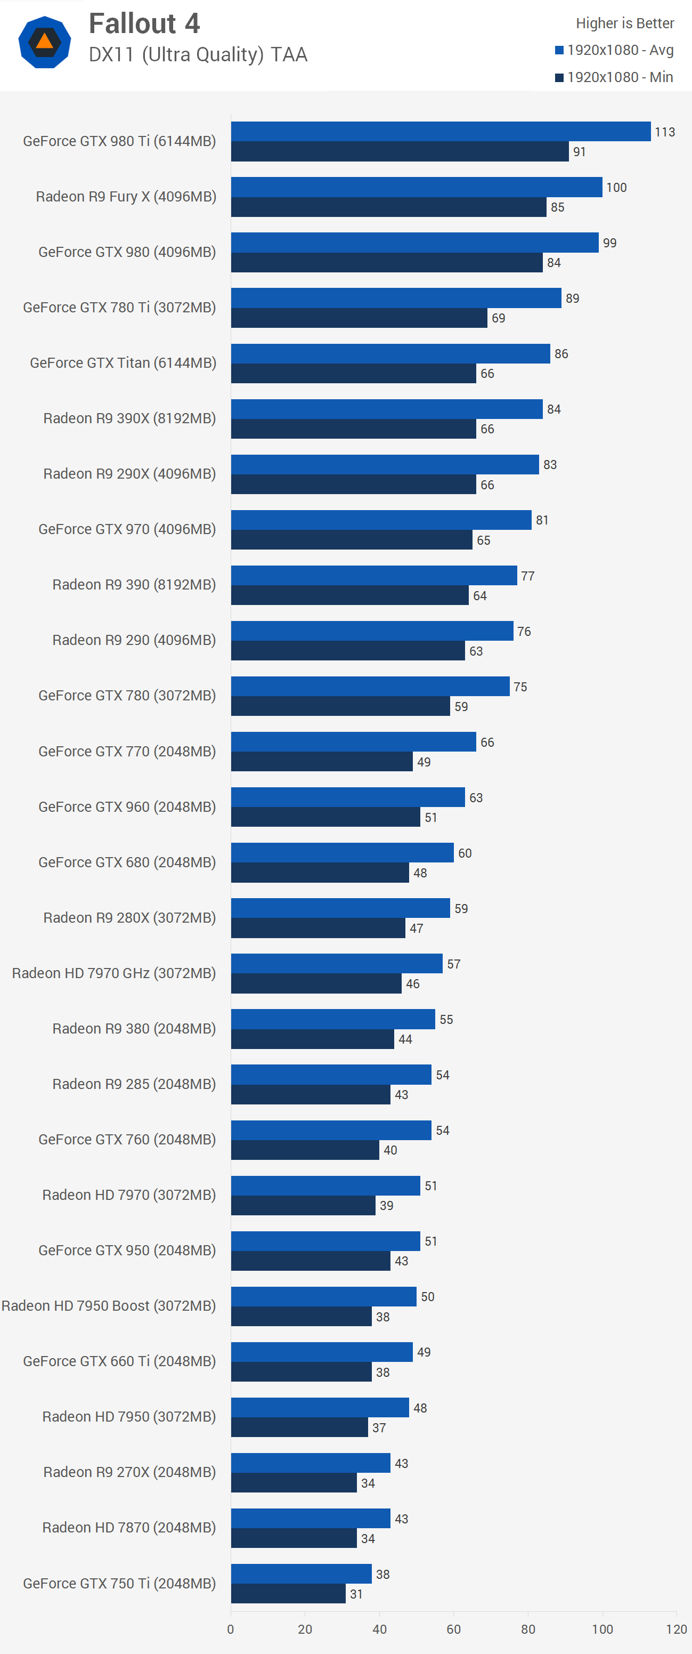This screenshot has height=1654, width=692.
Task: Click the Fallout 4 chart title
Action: [144, 24]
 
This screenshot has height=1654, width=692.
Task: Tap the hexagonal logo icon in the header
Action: [44, 43]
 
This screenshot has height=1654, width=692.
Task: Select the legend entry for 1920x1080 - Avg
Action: [614, 50]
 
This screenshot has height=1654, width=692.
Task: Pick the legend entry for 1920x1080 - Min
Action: [614, 77]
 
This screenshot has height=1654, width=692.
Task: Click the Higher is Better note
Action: [624, 23]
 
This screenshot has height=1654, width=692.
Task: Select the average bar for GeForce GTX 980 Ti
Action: [441, 132]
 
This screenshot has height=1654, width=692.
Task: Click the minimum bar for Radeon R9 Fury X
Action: [388, 207]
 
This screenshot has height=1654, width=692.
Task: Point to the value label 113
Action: [664, 132]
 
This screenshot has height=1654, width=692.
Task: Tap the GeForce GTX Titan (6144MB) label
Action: [123, 363]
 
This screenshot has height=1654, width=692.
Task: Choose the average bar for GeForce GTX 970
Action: [381, 520]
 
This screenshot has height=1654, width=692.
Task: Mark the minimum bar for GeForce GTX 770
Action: [322, 762]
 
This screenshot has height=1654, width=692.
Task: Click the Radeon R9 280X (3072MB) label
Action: [129, 917]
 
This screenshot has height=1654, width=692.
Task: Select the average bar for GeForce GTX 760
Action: [331, 1130]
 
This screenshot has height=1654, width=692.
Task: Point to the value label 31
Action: [356, 1594]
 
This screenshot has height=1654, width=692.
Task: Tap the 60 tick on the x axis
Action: [453, 1629]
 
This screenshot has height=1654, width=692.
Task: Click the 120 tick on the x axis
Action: [676, 1629]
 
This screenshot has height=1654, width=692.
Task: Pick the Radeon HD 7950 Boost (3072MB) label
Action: [109, 1305]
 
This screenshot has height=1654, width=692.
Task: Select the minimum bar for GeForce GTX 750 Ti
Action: [288, 1594]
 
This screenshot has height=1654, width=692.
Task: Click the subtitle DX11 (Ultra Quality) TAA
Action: [198, 54]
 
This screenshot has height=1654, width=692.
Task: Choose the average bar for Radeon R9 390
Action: [373, 575]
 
